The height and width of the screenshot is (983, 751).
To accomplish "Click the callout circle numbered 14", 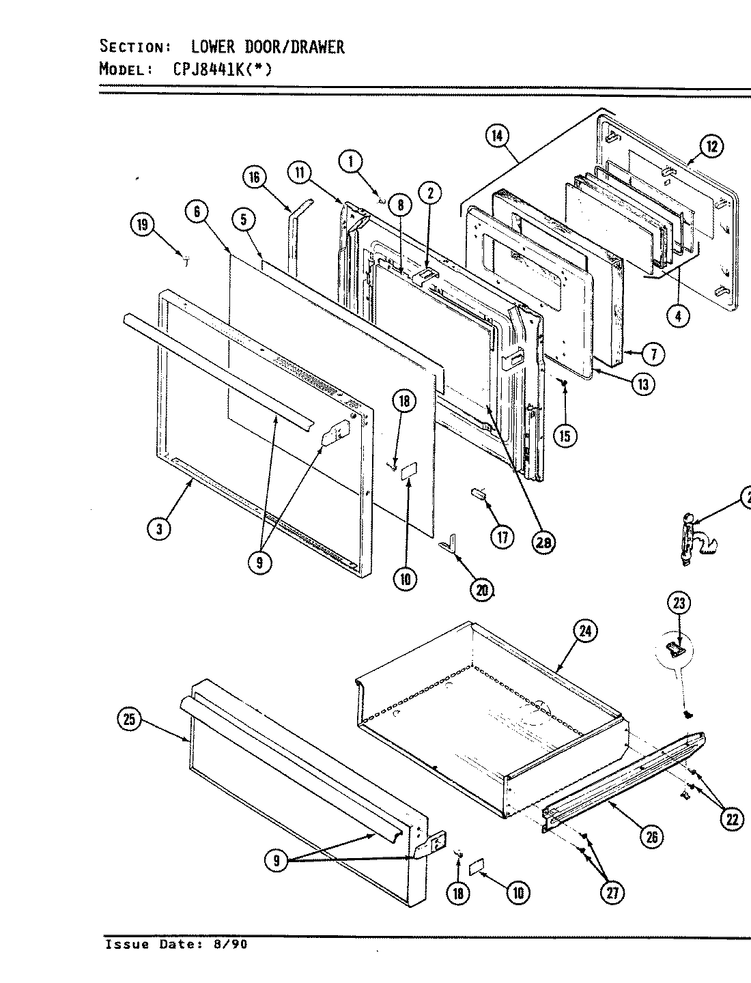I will pyautogui.click(x=496, y=137).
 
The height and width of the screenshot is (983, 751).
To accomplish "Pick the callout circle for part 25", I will pyautogui.click(x=130, y=719).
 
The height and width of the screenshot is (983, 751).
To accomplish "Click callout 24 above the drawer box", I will pyautogui.click(x=584, y=631).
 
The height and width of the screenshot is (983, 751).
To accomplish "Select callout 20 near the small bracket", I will pyautogui.click(x=482, y=590).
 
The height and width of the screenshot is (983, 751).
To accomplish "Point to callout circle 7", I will pyautogui.click(x=653, y=354).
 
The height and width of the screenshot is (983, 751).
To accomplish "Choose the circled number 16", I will pyautogui.click(x=254, y=178).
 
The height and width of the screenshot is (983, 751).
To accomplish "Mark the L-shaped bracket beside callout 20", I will pyautogui.click(x=449, y=545).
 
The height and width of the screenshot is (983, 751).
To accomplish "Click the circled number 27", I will pyautogui.click(x=613, y=893).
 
